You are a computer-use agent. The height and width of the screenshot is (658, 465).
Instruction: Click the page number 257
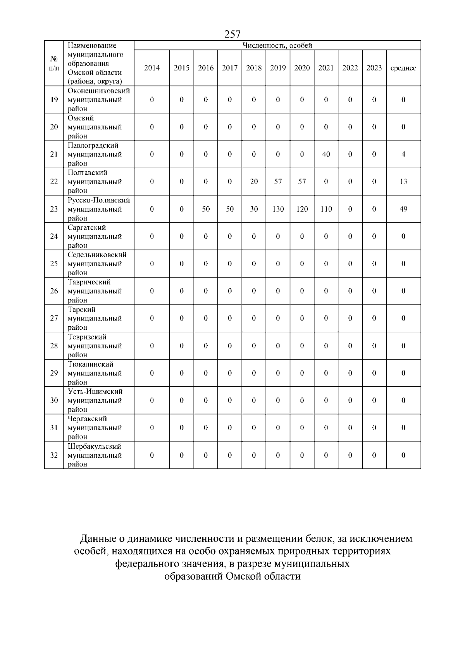click(232, 34)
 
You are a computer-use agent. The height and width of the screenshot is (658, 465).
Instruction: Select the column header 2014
click(152, 68)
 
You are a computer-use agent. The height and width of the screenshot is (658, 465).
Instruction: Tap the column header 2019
click(278, 68)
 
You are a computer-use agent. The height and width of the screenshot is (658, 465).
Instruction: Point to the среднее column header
click(403, 68)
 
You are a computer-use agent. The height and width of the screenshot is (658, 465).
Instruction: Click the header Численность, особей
click(277, 45)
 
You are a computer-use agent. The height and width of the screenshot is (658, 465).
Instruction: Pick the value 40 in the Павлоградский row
click(326, 154)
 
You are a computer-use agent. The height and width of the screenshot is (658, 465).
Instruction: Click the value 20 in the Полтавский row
click(254, 181)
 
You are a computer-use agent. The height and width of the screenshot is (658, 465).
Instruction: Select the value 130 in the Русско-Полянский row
click(278, 209)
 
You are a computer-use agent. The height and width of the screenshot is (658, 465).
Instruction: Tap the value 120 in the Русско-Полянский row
click(302, 209)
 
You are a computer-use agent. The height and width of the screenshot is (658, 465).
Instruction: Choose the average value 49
click(403, 209)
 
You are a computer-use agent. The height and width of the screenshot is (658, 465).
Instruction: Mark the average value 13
click(403, 181)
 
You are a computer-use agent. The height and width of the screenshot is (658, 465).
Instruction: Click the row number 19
click(54, 100)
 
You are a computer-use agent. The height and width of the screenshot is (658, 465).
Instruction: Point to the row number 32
click(54, 455)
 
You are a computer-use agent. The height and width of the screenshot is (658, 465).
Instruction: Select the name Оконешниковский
click(99, 91)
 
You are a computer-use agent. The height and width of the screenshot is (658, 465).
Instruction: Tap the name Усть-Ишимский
click(95, 391)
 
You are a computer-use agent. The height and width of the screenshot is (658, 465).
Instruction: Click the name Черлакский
click(88, 419)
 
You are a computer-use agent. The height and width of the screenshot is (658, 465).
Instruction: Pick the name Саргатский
click(87, 227)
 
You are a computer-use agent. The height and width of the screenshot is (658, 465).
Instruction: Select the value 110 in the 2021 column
click(326, 209)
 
